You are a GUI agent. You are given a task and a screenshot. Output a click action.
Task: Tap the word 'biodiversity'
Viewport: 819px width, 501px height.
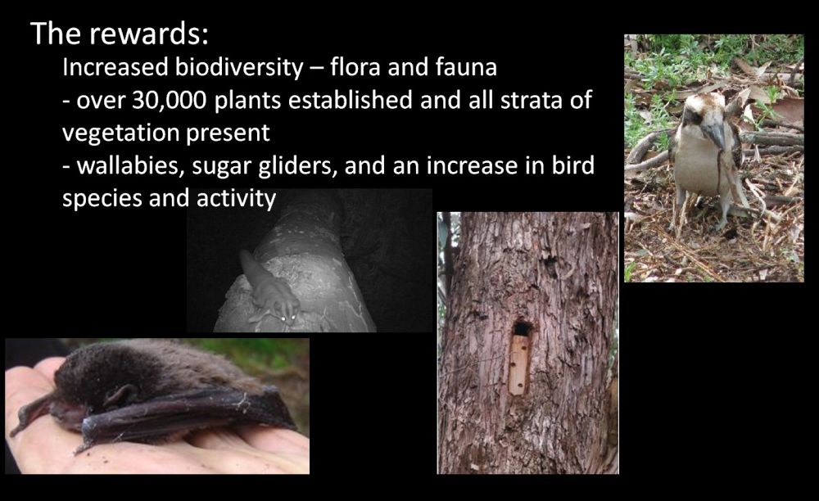[x=238, y=68]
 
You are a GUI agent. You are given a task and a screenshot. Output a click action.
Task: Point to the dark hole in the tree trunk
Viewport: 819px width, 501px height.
[x=521, y=329]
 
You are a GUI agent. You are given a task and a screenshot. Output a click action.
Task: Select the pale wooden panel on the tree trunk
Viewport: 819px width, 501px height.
[x=518, y=365]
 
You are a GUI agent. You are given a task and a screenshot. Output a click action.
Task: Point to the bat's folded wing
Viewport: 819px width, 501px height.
[x=183, y=413]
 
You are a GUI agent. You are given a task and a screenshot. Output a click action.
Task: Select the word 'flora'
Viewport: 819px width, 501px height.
[x=354, y=68]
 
